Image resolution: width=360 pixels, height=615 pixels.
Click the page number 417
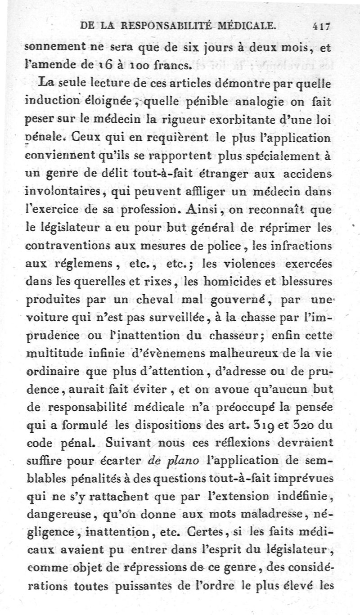[x=322, y=26]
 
